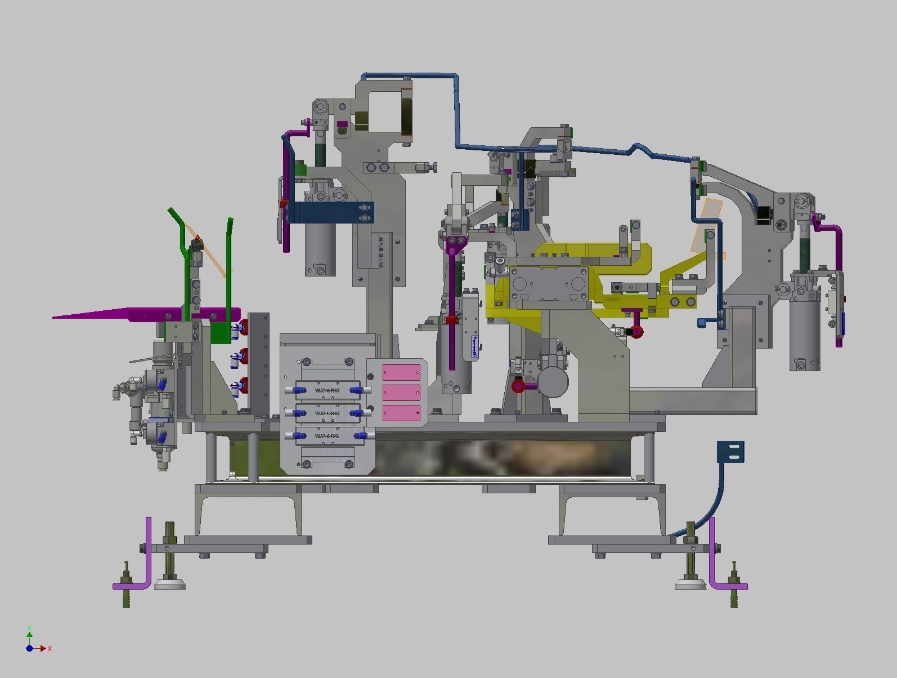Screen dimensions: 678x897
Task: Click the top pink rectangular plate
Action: (401, 372)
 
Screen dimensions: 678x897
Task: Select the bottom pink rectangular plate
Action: (401, 413)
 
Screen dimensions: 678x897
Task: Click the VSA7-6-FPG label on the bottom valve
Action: (327, 436)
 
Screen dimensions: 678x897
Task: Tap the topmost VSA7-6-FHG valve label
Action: (327, 390)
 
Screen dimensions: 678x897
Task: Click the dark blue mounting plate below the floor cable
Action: (730, 451)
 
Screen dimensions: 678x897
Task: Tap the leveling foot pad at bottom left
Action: (169, 586)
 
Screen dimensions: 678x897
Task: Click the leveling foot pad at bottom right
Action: (690, 586)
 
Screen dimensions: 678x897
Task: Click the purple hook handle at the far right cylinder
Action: (833, 231)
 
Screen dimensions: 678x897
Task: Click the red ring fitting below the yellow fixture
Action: (636, 332)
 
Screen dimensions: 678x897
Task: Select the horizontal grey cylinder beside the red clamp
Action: (552, 381)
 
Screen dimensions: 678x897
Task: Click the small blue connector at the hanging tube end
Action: (703, 323)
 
